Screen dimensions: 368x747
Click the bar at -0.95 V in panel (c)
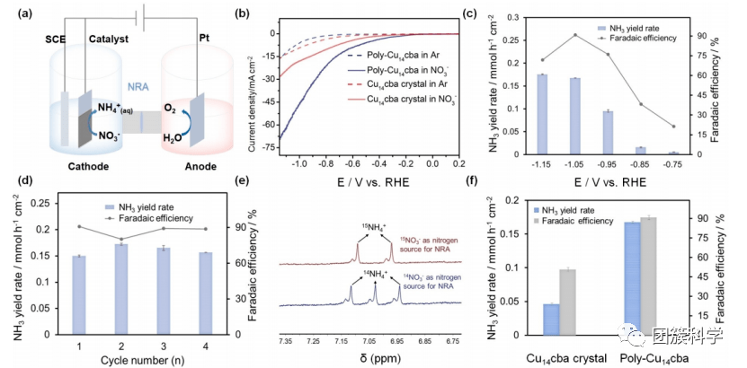pos(608,132)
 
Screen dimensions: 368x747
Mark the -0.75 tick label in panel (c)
pos(673,165)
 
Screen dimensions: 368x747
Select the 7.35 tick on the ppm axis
pos(287,343)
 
